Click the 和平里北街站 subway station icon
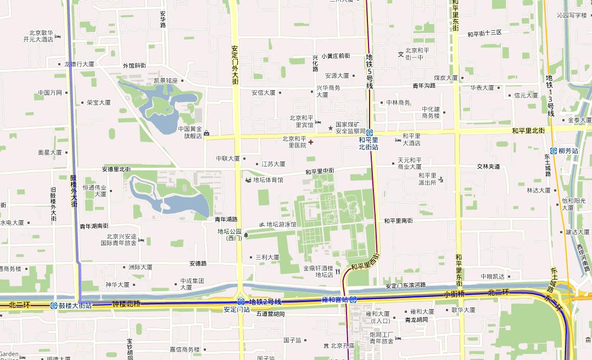(x=370, y=133)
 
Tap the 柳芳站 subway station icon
(x=554, y=150)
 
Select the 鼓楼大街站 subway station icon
(x=54, y=306)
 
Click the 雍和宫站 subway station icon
(x=353, y=300)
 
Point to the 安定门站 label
(x=237, y=310)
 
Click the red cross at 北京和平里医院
(x=311, y=142)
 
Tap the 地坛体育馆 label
(x=268, y=180)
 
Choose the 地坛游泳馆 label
(x=281, y=224)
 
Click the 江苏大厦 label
(x=273, y=164)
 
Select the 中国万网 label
(x=50, y=93)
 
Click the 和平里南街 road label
(x=398, y=221)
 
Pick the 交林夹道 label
(x=488, y=166)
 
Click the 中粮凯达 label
(x=493, y=276)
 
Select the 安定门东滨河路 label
(x=405, y=285)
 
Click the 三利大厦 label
(x=267, y=257)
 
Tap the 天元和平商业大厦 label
(x=410, y=163)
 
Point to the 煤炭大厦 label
(x=445, y=78)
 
